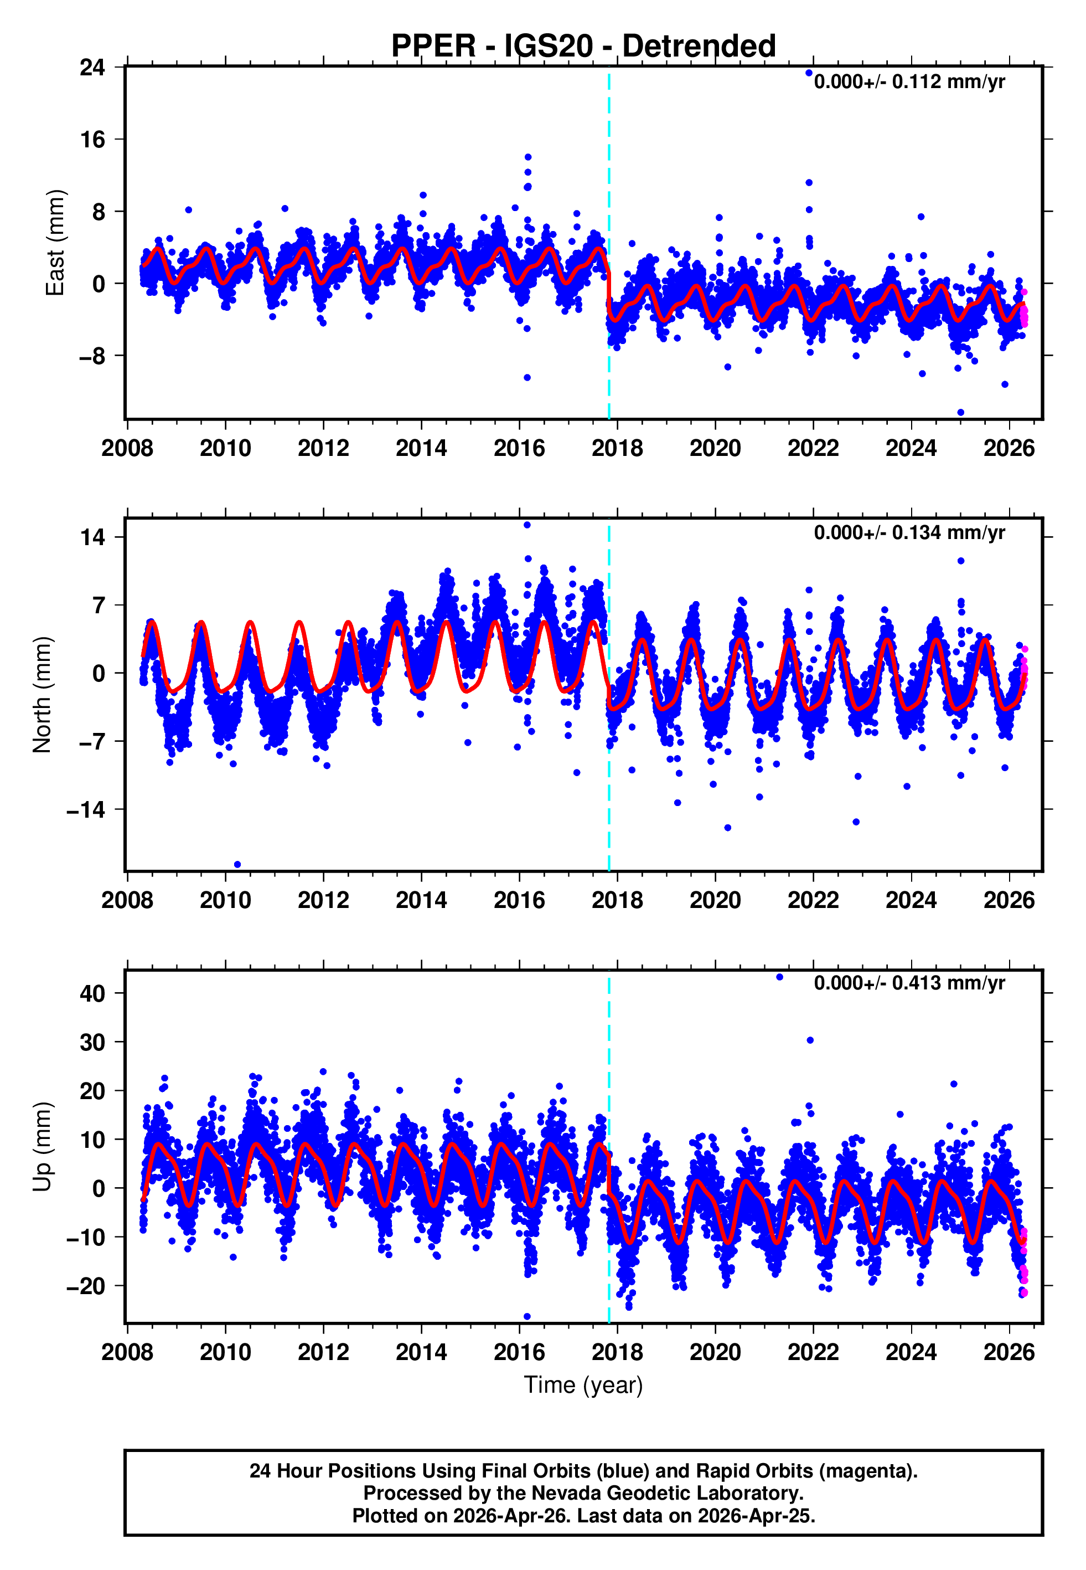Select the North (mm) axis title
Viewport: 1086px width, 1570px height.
point(42,695)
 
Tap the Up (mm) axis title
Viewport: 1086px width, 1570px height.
point(42,1147)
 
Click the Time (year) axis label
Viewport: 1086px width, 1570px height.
point(583,1385)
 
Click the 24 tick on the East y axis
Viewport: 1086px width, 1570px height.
point(92,68)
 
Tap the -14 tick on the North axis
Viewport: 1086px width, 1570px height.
point(86,810)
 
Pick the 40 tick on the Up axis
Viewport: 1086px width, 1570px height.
point(92,993)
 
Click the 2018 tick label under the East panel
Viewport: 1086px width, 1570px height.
point(617,449)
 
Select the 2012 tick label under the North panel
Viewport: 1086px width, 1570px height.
point(323,900)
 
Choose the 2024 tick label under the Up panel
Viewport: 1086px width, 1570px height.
point(911,1352)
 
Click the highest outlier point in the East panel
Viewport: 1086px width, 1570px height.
point(809,73)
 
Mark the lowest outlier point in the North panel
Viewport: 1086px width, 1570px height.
point(237,865)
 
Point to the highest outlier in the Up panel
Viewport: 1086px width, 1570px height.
point(780,977)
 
